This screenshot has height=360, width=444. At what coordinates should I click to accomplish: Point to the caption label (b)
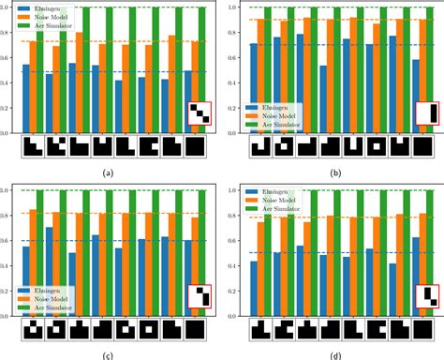[337, 172]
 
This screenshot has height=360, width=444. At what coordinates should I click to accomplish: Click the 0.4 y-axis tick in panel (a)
[9, 82]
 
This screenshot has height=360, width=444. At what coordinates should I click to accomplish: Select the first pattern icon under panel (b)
[259, 147]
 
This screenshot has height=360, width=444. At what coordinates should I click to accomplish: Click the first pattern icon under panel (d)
[259, 330]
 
